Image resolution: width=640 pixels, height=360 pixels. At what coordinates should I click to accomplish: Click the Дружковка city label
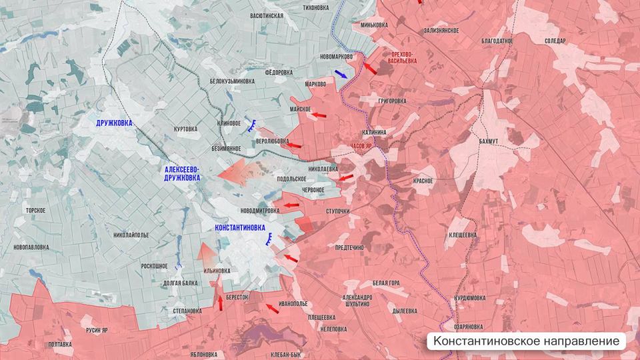[114, 123]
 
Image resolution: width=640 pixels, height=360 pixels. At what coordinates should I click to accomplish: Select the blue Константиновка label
[241, 227]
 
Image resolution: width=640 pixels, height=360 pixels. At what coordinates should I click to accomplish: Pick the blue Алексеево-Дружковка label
[182, 174]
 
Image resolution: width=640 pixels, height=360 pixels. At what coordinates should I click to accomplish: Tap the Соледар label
[555, 41]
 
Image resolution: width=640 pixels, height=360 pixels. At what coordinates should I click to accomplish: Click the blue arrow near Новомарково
[341, 74]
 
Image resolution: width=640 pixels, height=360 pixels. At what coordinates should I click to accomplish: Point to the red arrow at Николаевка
[345, 177]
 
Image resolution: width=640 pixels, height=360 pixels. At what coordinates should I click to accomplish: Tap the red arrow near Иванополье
[271, 307]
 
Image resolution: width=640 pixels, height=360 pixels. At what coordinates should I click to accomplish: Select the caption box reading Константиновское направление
[526, 341]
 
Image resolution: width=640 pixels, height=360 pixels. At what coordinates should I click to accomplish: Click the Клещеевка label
[462, 235]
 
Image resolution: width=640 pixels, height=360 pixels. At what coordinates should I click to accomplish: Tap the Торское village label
[35, 211]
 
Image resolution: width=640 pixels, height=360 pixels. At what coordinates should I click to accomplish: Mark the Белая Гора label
[386, 283]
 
